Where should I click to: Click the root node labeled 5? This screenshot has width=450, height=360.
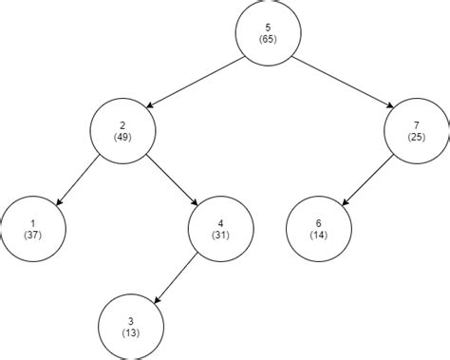(269, 33)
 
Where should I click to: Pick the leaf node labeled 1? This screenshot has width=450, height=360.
(33, 228)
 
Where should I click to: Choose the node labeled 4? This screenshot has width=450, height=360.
(220, 228)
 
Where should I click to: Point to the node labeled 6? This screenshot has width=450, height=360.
(319, 228)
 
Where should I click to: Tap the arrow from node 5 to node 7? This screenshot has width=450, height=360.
(344, 82)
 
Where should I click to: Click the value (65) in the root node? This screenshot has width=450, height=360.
(269, 40)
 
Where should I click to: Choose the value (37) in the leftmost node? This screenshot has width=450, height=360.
(33, 235)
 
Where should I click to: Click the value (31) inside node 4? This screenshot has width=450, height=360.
(220, 235)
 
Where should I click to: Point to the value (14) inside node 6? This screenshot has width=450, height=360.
(319, 235)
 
